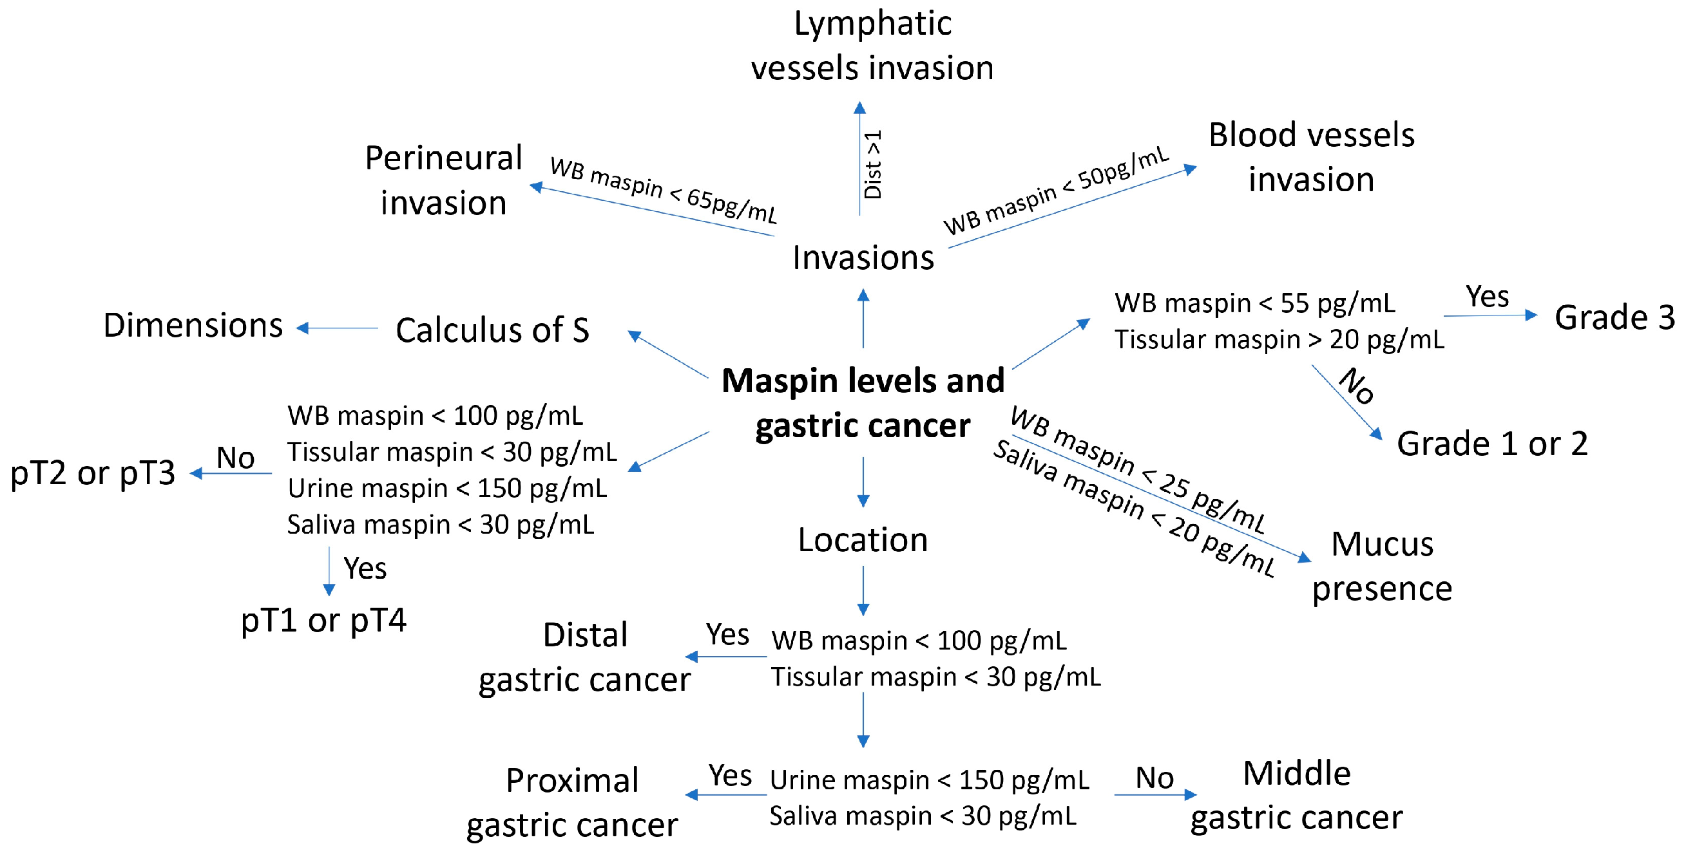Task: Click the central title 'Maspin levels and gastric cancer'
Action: [x=863, y=402]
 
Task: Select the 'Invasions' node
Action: [x=863, y=257]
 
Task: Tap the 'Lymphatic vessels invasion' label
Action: [x=872, y=46]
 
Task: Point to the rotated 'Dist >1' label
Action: [x=873, y=164]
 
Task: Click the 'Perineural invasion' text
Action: [x=444, y=180]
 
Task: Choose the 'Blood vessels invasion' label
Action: [x=1311, y=157]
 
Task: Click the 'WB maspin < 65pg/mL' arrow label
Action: [x=663, y=190]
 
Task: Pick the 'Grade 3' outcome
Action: [x=1614, y=317]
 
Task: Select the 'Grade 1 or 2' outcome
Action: [x=1492, y=444]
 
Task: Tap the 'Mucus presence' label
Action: [x=1383, y=566]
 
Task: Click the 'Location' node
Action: [x=863, y=539]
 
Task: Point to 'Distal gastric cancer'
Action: [x=584, y=657]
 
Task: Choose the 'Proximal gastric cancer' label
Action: [x=572, y=802]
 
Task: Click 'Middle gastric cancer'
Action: [x=1297, y=795]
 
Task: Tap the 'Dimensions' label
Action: [x=193, y=325]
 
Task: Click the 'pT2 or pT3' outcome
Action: [x=93, y=473]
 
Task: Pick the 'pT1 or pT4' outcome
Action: [x=323, y=619]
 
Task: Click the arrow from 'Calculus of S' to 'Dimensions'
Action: [x=338, y=328]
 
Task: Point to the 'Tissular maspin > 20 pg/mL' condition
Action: [x=1279, y=339]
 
